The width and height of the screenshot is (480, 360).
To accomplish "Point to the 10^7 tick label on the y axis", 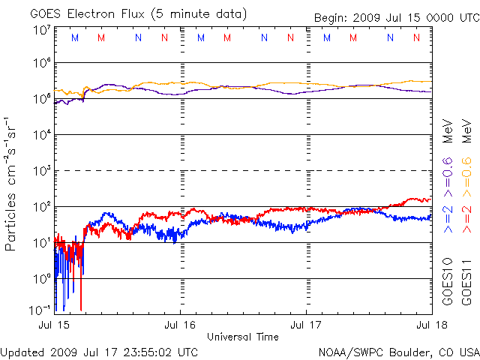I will coord(41,30).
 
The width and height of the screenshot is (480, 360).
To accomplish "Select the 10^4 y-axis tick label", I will coord(41,135).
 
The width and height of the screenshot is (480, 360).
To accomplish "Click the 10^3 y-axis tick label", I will coord(41,171).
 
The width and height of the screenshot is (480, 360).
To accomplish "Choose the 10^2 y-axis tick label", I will coord(41,206).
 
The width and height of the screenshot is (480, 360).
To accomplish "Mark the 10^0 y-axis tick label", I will coord(41,278).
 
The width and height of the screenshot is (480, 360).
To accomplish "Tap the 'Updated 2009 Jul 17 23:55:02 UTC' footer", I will coord(100,352).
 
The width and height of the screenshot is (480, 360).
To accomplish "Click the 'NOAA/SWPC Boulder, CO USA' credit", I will coord(398,352).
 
